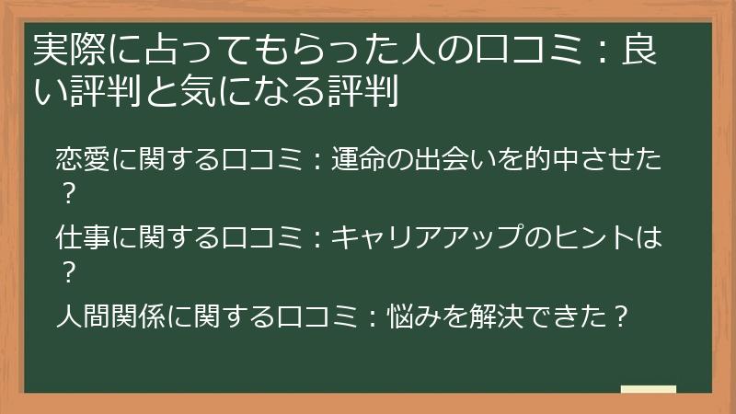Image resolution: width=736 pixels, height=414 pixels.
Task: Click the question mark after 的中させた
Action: point(66,193)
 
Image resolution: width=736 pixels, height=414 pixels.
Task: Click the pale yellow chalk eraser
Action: point(649,389)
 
